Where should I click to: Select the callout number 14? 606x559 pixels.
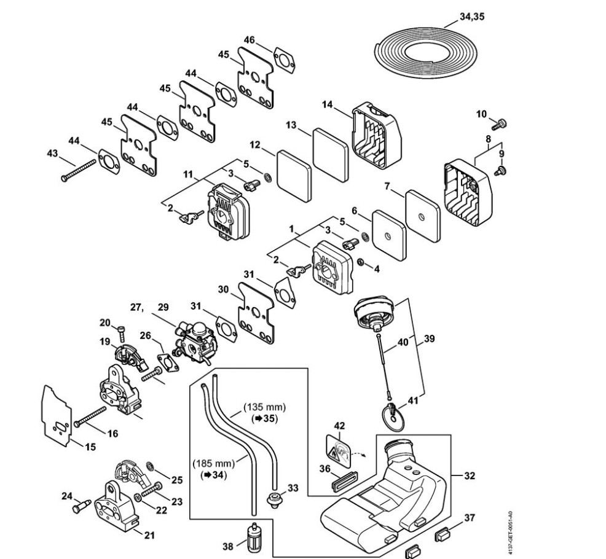pos(327,105)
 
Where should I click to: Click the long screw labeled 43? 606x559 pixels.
pos(79,168)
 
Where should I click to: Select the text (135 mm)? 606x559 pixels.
pos(265,407)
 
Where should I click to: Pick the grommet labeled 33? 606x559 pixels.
pos(272,496)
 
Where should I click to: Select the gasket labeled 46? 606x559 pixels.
pos(283,59)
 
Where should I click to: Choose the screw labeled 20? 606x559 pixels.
pos(122,334)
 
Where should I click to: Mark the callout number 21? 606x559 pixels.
pos(149,535)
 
